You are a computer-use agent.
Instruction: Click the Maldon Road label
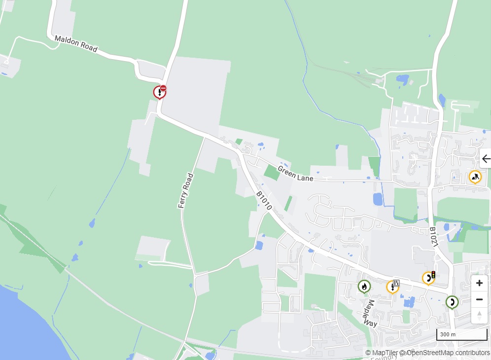tap(76, 44)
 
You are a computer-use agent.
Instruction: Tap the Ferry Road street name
tap(185, 190)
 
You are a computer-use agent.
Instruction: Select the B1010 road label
tap(264, 201)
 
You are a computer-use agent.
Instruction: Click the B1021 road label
tap(433, 237)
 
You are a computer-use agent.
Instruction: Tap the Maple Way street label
tap(370, 313)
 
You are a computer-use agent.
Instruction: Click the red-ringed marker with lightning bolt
tap(159, 92)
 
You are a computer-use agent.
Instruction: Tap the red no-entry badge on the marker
tap(163, 88)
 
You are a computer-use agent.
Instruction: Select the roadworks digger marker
tap(475, 177)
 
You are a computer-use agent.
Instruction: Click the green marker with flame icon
tap(364, 287)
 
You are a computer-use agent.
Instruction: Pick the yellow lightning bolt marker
tap(392, 287)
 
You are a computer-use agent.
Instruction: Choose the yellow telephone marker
tap(428, 279)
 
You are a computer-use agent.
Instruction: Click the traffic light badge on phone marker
tap(433, 274)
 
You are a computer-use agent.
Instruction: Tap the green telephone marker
tap(452, 302)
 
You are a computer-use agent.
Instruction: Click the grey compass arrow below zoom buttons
tap(479, 315)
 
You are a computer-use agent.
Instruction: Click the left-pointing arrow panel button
tap(486, 159)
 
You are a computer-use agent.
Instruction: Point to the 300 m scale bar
tap(461, 335)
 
